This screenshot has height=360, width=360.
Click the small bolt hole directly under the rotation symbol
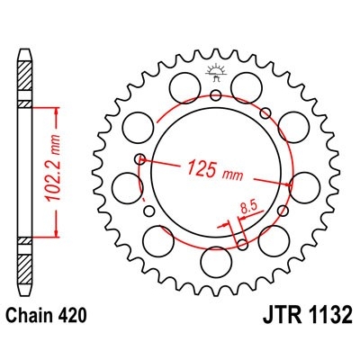(x=216, y=94)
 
